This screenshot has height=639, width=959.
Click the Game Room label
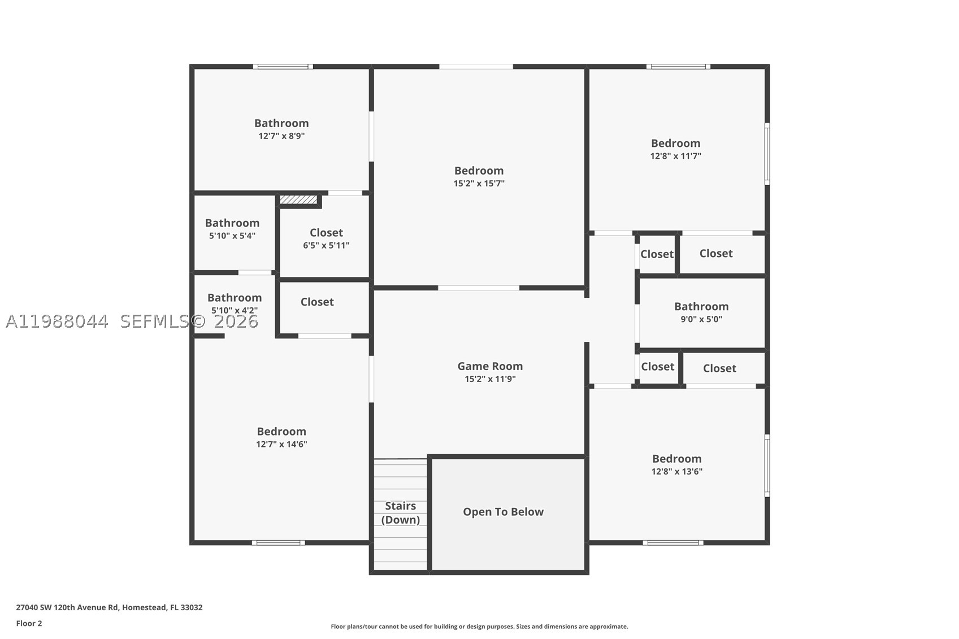pyautogui.click(x=490, y=366)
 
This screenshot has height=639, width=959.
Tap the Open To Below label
pyautogui.click(x=503, y=512)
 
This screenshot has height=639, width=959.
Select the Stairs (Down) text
pyautogui.click(x=400, y=513)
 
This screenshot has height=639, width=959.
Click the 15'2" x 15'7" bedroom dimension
pyautogui.click(x=479, y=184)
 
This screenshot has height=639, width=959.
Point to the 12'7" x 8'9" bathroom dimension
pyautogui.click(x=281, y=136)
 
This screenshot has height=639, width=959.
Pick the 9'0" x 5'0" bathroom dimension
pyautogui.click(x=701, y=319)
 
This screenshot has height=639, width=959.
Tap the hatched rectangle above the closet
pyautogui.click(x=298, y=200)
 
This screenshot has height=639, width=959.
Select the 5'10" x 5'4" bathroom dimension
pyautogui.click(x=232, y=236)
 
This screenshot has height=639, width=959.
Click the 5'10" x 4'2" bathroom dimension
pyautogui.click(x=235, y=310)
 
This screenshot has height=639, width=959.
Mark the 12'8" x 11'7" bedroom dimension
pyautogui.click(x=675, y=157)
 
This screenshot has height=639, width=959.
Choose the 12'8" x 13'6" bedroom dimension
pyautogui.click(x=677, y=472)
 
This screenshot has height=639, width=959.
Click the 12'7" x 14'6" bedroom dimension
pyautogui.click(x=281, y=444)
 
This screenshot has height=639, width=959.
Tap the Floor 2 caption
pyautogui.click(x=29, y=624)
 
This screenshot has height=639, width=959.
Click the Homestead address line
pyautogui.click(x=109, y=607)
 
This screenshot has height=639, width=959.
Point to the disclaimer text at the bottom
pyautogui.click(x=479, y=627)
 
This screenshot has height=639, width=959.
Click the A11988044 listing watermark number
pyautogui.click(x=57, y=321)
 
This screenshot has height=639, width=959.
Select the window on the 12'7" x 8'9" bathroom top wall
pyautogui.click(x=283, y=67)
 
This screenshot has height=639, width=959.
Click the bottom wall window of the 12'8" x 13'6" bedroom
pyautogui.click(x=673, y=543)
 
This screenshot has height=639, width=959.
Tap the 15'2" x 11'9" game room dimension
pyautogui.click(x=490, y=379)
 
